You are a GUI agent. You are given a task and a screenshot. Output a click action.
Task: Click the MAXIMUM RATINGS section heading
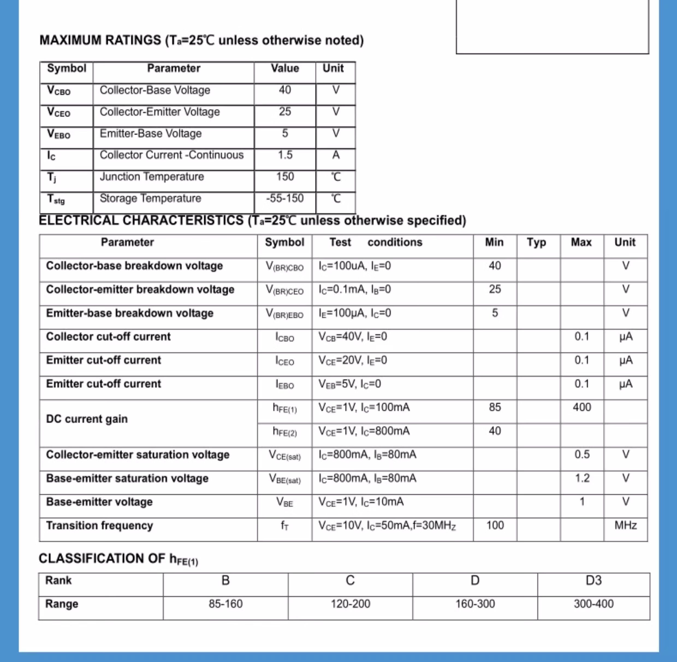(x=201, y=40)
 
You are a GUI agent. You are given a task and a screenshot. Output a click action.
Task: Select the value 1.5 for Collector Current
(x=285, y=155)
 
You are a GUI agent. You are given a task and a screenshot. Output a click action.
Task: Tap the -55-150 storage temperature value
(x=285, y=199)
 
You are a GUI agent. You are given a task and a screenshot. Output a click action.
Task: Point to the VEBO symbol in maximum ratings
(x=59, y=134)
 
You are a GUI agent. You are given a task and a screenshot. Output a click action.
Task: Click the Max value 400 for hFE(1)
(x=582, y=407)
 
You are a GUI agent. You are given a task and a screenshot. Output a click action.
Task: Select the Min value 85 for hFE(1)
(x=495, y=407)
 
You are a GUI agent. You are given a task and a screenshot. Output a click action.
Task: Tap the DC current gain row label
(x=87, y=419)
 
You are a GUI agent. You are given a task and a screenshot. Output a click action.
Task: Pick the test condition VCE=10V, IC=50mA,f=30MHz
(x=387, y=526)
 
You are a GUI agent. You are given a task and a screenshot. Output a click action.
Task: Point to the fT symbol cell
(x=285, y=526)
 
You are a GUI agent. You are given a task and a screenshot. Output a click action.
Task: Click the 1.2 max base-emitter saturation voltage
(x=582, y=478)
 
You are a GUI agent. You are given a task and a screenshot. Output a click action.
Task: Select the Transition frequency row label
(x=99, y=525)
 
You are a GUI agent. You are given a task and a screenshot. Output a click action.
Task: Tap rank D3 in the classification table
(x=593, y=580)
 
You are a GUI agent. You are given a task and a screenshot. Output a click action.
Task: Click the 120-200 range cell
(x=350, y=604)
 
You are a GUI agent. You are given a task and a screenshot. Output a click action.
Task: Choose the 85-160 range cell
(x=225, y=604)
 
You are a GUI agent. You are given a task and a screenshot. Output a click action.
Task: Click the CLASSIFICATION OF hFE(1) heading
(x=118, y=559)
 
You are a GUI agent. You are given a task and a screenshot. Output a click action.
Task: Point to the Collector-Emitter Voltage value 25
(x=285, y=112)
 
